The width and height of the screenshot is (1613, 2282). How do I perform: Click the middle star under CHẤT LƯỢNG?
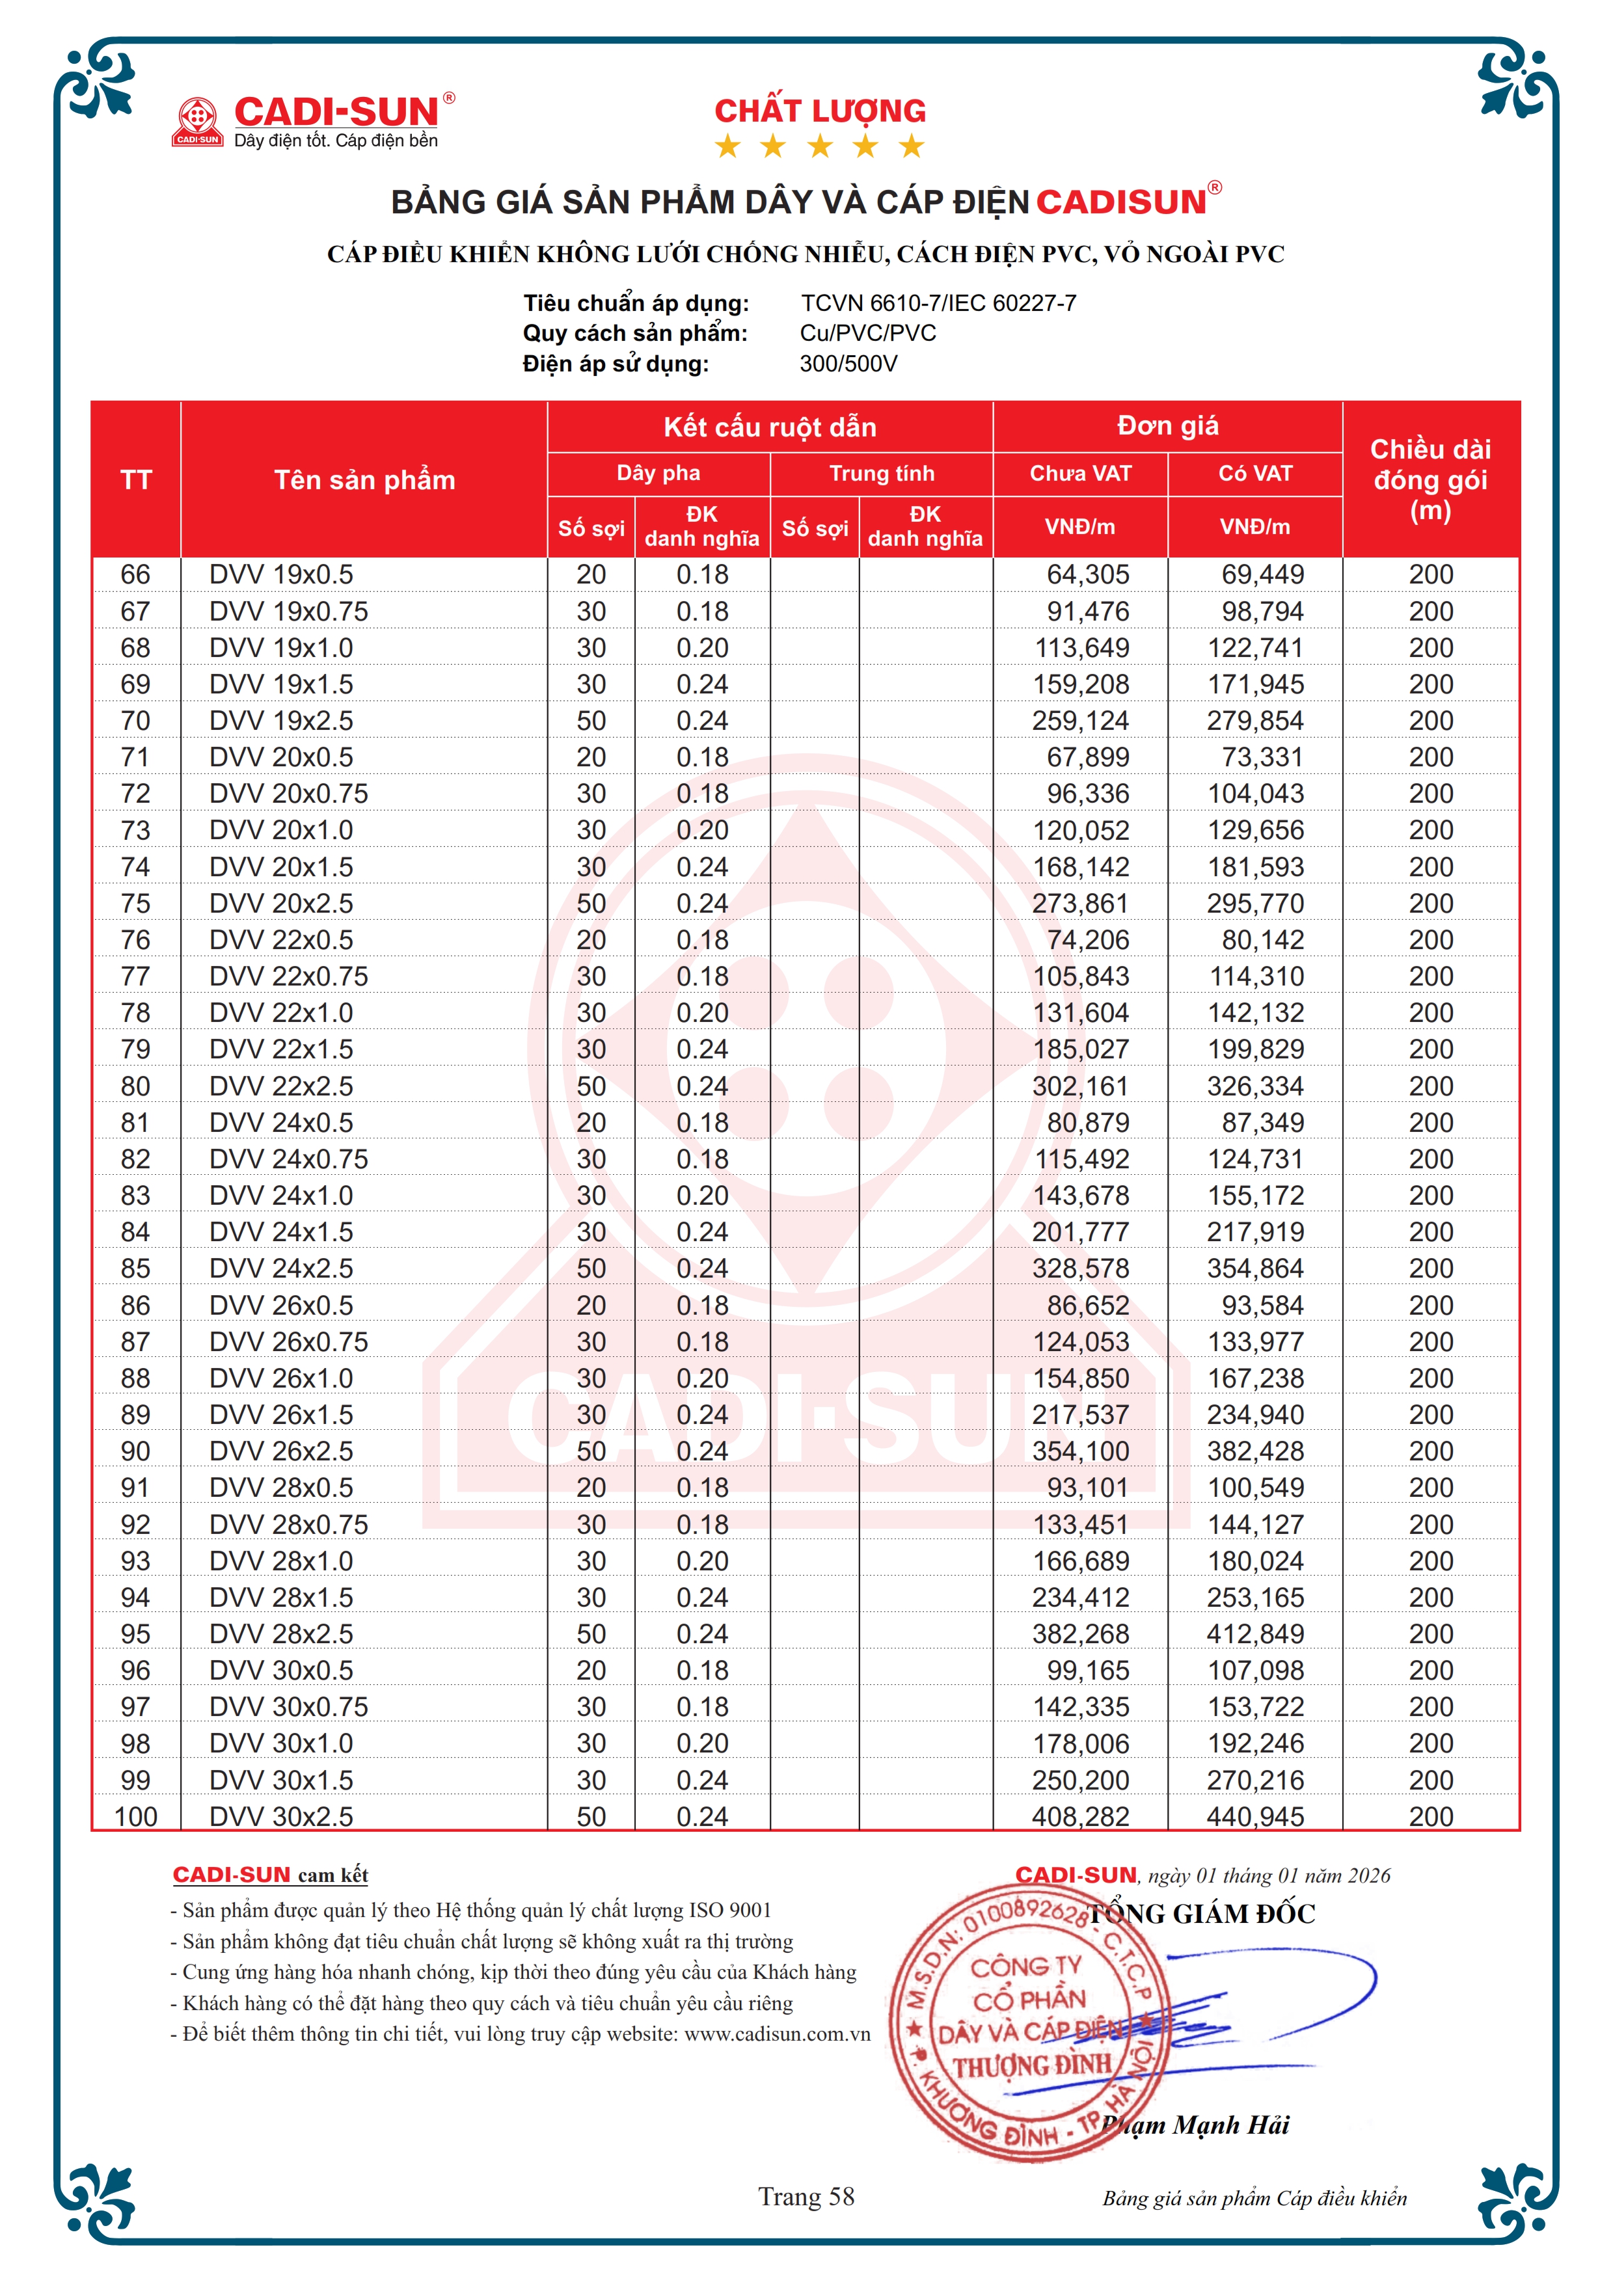(820, 146)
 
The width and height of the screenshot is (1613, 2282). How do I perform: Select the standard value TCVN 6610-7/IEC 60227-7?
(938, 303)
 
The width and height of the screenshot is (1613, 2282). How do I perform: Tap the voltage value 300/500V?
(848, 364)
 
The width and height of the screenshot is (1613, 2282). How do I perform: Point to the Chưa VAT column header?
(1079, 473)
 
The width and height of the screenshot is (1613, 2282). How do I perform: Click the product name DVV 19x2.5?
(281, 721)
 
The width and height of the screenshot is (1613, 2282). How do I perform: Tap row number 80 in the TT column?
(135, 1086)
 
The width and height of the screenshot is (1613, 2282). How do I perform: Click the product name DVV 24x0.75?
(288, 1159)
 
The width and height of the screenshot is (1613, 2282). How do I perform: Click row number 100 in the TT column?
(135, 1817)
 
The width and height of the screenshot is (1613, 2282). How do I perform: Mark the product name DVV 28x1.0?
(281, 1561)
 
